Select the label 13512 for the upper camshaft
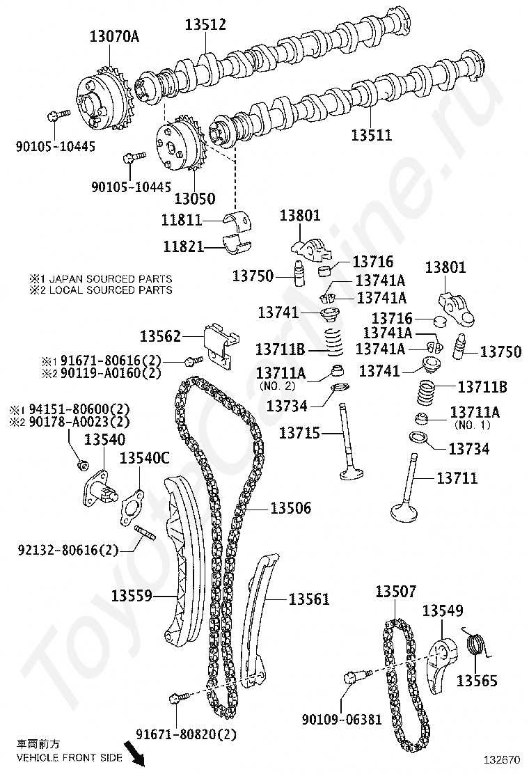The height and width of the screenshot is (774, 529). click(205, 24)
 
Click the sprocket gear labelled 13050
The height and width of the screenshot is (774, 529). click(178, 147)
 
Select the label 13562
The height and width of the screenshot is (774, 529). click(161, 337)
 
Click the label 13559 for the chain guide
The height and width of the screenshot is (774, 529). click(132, 596)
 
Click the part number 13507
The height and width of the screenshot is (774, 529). click(395, 592)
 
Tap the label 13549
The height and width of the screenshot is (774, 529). click(443, 611)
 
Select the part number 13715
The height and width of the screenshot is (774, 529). click(300, 434)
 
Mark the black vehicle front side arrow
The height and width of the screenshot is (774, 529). click(133, 755)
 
